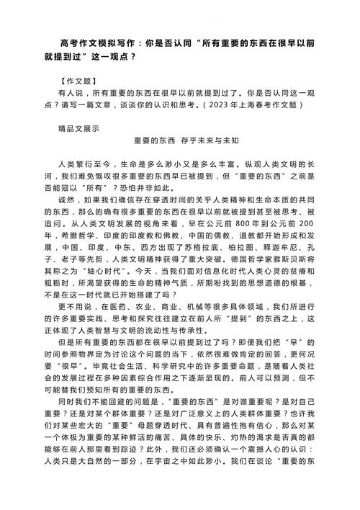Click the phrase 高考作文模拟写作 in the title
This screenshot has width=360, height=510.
click(99, 44)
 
